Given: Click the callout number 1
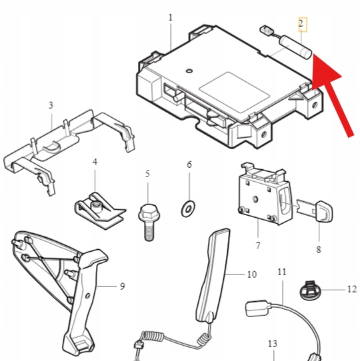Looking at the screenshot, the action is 170,18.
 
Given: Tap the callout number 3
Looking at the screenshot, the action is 51,105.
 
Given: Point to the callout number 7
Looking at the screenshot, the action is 258,245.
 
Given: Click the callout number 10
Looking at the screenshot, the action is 252,274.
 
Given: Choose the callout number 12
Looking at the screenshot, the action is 352,289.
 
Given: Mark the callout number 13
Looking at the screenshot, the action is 273,344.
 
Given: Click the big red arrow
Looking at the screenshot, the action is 330,95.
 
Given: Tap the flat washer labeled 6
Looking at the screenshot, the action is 188,209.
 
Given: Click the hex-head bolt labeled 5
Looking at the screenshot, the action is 149,222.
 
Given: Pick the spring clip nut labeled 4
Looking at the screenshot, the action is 99,210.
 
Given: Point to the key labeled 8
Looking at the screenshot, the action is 315,210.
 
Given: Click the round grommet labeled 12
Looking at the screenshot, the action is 310,290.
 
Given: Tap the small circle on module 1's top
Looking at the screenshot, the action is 189,71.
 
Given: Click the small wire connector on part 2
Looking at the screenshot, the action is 265,30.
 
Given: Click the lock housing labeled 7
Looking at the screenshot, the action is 265,194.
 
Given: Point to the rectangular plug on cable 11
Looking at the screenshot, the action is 257,308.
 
